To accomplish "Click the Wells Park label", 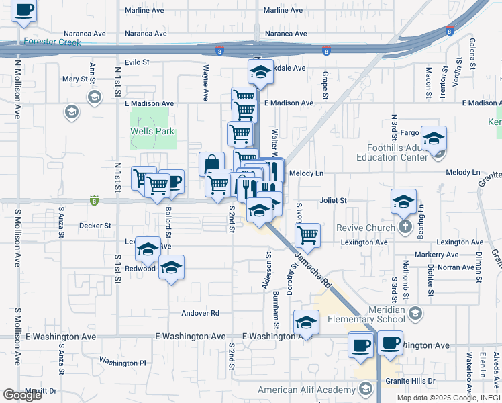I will tap(152, 132).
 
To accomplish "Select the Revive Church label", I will tap(366, 228).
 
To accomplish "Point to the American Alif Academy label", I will tap(307, 390).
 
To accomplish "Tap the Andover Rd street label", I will tap(201, 313).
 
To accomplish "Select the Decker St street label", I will tap(95, 226).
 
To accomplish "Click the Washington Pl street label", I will tap(122, 362).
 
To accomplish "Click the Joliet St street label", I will tap(333, 200).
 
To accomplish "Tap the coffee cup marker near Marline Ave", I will tap(25, 10).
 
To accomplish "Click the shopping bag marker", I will tap(211, 164).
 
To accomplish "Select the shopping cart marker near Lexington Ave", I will tap(307, 235).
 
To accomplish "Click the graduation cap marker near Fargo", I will tap(434, 139).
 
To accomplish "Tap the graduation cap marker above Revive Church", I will tap(403, 201).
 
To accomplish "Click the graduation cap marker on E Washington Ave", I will tap(306, 324).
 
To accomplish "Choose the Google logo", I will tap(22, 395).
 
